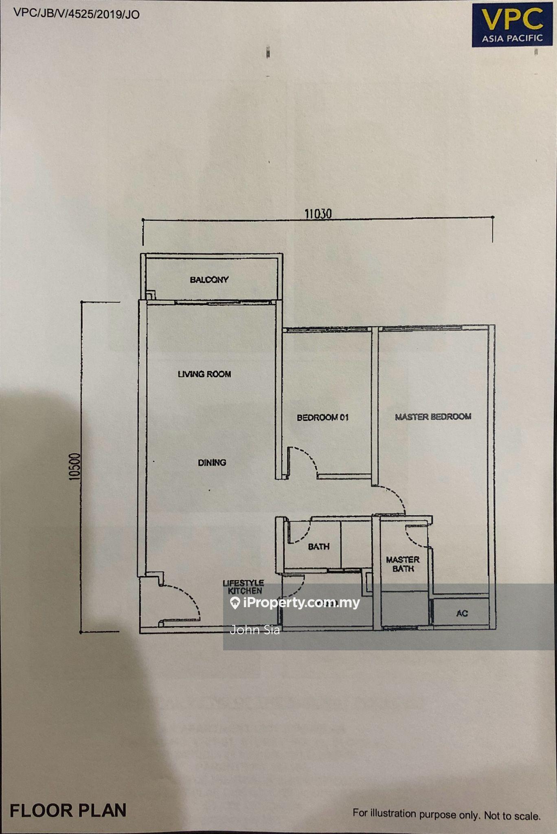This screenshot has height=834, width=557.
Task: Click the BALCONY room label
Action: click(209, 280)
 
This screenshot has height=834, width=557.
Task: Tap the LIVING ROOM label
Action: click(204, 374)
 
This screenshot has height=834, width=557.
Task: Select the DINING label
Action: click(212, 462)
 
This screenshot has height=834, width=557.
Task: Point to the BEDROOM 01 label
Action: click(323, 417)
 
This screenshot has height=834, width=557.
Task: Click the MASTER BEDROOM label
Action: click(433, 417)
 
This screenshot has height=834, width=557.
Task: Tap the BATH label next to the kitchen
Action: click(319, 546)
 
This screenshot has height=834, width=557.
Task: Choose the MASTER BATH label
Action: click(403, 564)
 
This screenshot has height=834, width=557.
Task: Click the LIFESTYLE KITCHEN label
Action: click(243, 587)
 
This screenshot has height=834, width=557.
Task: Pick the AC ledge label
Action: click(462, 613)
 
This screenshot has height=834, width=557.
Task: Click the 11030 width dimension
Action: click(318, 214)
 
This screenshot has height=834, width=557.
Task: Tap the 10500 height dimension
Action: click(75, 467)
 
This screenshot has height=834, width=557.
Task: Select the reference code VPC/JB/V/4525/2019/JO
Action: click(77, 14)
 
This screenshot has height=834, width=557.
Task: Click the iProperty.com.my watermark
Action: click(295, 603)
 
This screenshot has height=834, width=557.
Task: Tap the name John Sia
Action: click(255, 630)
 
